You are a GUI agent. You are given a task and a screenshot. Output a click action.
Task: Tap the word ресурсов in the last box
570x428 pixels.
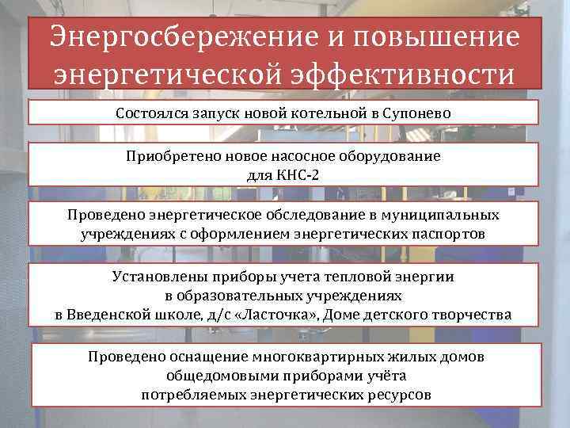[x=397, y=394]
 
